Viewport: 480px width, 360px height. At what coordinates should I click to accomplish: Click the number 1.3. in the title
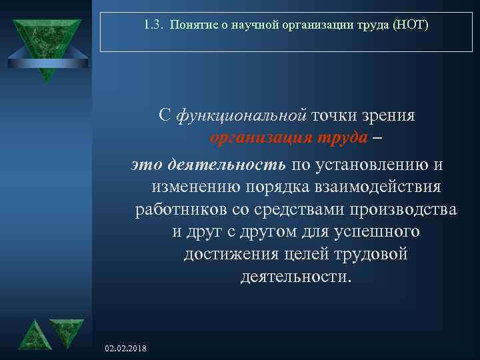[x=153, y=26]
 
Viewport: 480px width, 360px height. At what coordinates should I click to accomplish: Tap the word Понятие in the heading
[x=189, y=26]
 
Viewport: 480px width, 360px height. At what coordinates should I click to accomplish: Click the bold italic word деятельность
[x=226, y=164]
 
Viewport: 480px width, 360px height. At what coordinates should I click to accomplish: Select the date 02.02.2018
[x=127, y=349]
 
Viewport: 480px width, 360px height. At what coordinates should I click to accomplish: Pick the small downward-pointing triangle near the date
[x=67, y=332]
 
